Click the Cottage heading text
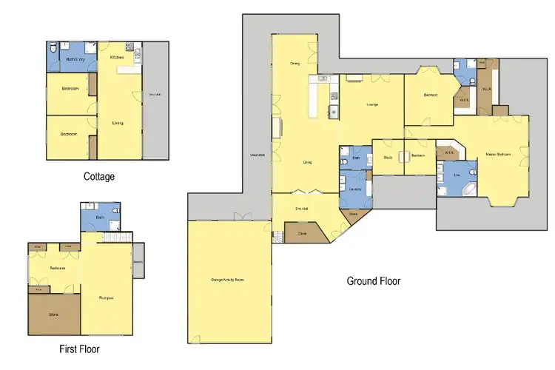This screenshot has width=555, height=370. [x=98, y=176]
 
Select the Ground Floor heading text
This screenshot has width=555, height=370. [x=374, y=281]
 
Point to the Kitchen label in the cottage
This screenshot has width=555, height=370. [x=117, y=57]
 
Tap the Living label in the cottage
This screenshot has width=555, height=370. [x=117, y=123]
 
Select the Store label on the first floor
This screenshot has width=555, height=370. [x=53, y=314]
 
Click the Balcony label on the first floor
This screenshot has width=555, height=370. [x=138, y=261]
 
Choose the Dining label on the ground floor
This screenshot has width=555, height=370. [x=294, y=64]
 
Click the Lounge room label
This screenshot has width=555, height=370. [x=372, y=104]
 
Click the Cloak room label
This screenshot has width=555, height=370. [x=302, y=233]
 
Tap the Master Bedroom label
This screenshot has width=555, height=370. [x=496, y=154]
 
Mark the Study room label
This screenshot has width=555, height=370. [x=387, y=156]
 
